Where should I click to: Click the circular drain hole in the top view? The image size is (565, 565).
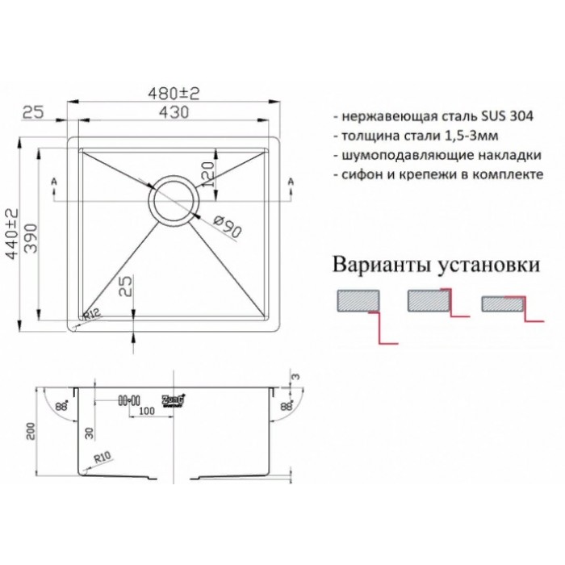tap(172, 199)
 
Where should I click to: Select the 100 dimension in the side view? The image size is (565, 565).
tap(146, 413)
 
